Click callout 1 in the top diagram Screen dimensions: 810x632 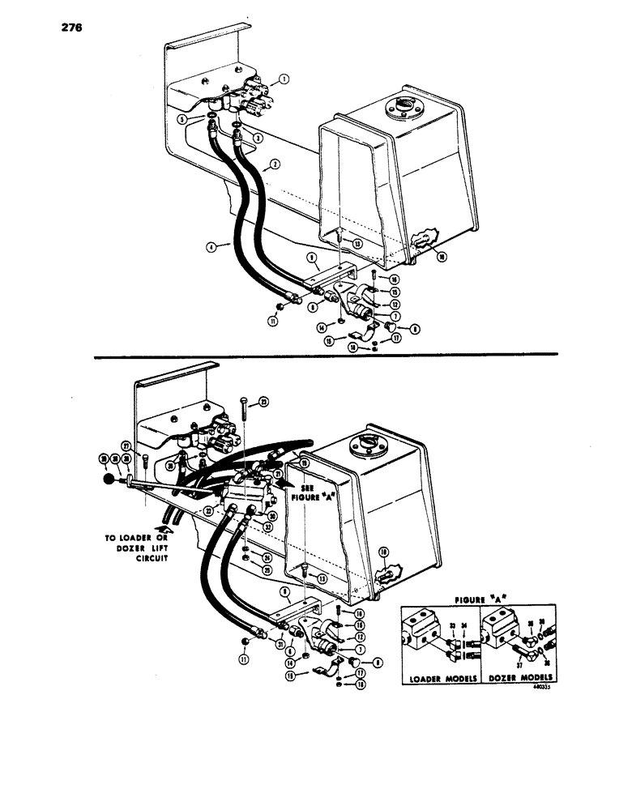(x=284, y=79)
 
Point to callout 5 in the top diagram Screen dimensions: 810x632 (x=182, y=119)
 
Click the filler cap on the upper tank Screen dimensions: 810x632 (x=400, y=107)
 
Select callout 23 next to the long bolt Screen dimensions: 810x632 (x=263, y=403)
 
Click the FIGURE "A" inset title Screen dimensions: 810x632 (x=479, y=596)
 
